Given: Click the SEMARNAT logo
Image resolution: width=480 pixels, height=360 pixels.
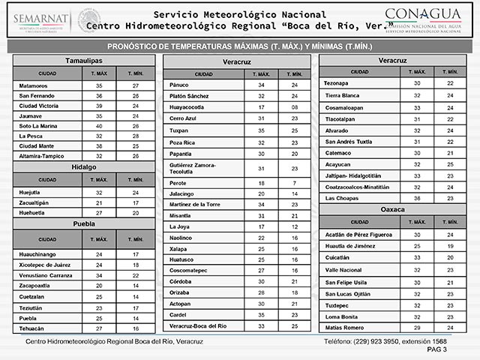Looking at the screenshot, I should tap(39, 22).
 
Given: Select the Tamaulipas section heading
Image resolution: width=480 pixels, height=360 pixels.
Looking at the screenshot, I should tap(84, 60).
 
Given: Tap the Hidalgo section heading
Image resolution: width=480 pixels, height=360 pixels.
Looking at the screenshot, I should tap(84, 167).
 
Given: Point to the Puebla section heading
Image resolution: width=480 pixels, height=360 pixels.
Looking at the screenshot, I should tap(84, 223).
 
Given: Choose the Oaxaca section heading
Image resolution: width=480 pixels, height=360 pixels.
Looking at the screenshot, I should tap(393, 209).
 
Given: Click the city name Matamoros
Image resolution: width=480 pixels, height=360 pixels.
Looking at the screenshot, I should tap(34, 86).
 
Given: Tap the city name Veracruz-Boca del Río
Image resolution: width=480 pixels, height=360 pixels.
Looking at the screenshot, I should tap(198, 326).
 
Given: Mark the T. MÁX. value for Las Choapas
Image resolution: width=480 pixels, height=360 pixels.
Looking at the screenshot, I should tap(417, 197).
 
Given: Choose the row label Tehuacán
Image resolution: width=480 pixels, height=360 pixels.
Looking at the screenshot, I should tap(31, 328).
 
